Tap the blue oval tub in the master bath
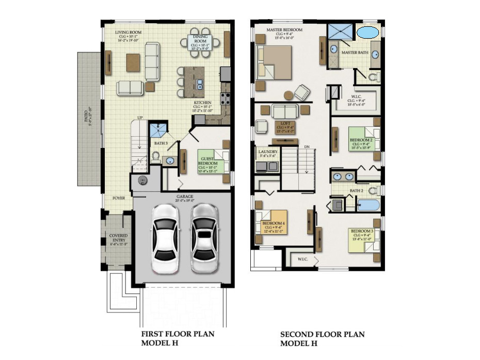click(x=367, y=32)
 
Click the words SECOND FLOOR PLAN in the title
click(x=322, y=334)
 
